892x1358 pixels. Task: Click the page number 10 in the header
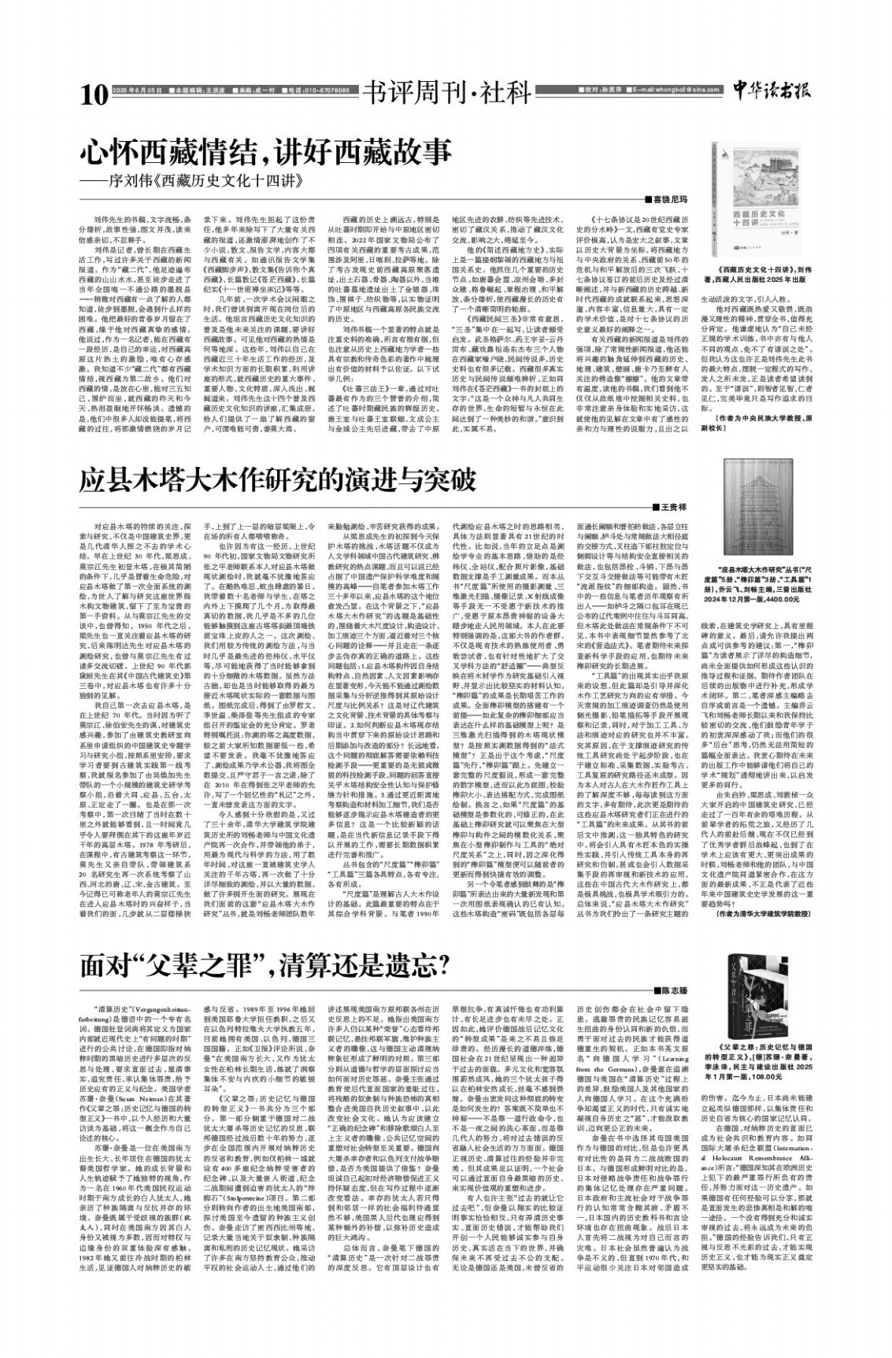[93, 95]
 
